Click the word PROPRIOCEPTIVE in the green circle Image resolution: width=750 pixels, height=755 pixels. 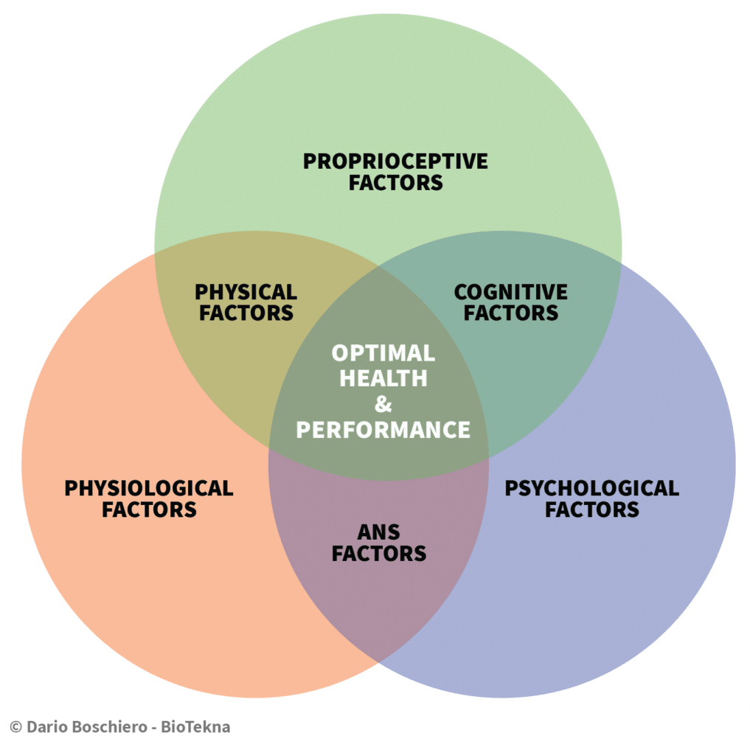coord(395,161)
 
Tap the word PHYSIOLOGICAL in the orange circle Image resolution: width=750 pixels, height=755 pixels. coord(148,488)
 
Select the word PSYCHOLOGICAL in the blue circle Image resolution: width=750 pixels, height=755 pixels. coord(591,488)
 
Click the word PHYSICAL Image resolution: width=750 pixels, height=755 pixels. coord(246,292)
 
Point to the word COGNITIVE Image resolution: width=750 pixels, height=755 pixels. coord(510,292)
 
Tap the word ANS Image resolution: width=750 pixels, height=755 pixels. coord(380,531)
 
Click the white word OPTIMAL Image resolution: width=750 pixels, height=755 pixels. coord(383,352)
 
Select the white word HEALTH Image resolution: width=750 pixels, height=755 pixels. coord(383,378)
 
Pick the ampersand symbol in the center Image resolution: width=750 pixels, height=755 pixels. coord(383,403)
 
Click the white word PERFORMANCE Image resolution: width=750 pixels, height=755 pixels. coord(383,429)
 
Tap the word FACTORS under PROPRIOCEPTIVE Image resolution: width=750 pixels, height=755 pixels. coord(395,182)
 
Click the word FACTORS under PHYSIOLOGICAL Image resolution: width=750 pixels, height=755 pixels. coord(149,509)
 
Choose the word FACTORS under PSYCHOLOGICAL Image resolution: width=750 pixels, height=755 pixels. coord(591,509)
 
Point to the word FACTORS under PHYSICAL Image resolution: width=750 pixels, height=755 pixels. coord(246,313)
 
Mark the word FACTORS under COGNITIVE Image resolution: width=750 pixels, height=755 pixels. coord(510,313)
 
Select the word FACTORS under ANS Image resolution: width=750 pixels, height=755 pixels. coord(379,553)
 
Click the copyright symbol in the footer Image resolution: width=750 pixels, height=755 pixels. coord(15,727)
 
